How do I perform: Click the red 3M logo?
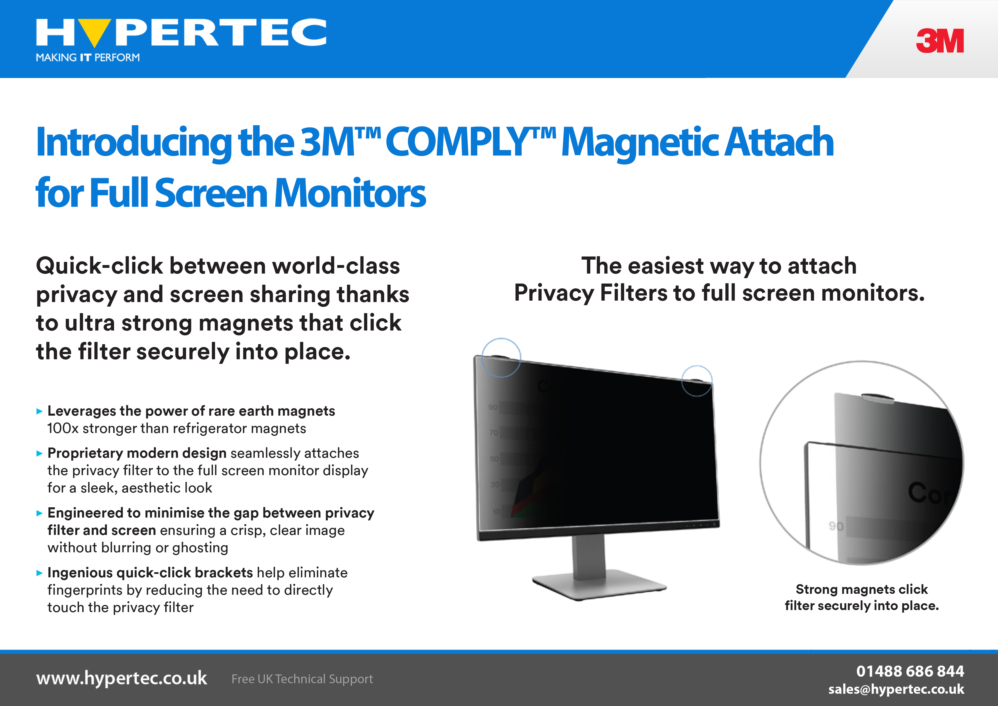click(x=940, y=41)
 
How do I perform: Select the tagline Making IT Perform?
click(x=88, y=58)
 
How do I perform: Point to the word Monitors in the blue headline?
click(x=350, y=193)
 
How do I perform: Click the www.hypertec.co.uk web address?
click(x=122, y=678)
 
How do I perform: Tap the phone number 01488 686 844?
click(x=910, y=671)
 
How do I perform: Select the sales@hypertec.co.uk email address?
click(x=896, y=689)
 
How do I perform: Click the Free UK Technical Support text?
click(x=302, y=679)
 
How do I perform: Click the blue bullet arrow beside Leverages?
click(x=40, y=411)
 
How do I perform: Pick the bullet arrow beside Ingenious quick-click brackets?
click(x=40, y=573)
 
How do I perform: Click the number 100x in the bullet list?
click(x=63, y=428)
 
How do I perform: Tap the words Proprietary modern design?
click(x=137, y=453)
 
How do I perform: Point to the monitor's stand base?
click(x=599, y=585)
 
